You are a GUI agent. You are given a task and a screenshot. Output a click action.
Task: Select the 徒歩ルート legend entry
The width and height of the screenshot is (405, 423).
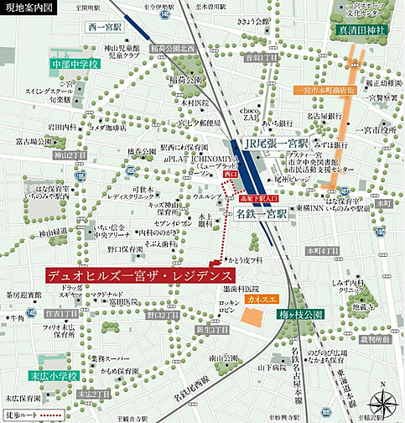[34, 414]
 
